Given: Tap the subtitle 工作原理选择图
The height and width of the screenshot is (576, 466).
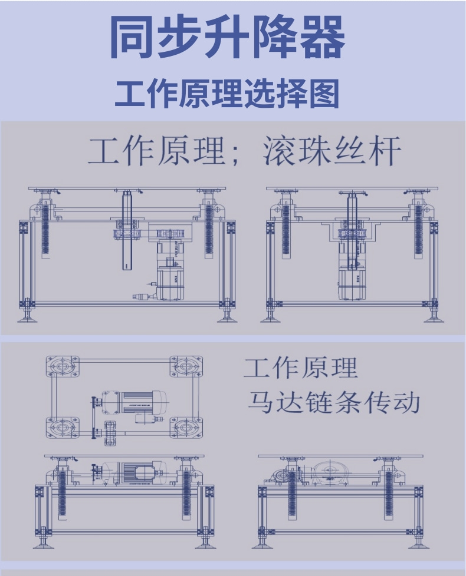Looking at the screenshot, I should (x=227, y=94).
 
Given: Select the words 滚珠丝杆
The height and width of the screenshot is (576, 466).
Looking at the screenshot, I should (x=332, y=152).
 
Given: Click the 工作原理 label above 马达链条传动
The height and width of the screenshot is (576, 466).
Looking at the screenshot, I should (x=300, y=369).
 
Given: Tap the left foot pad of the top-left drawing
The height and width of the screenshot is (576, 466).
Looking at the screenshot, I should (x=27, y=319).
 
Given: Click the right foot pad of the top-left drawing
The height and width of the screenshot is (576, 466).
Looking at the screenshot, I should (x=227, y=319).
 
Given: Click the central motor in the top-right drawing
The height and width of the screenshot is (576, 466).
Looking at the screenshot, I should (x=352, y=277).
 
